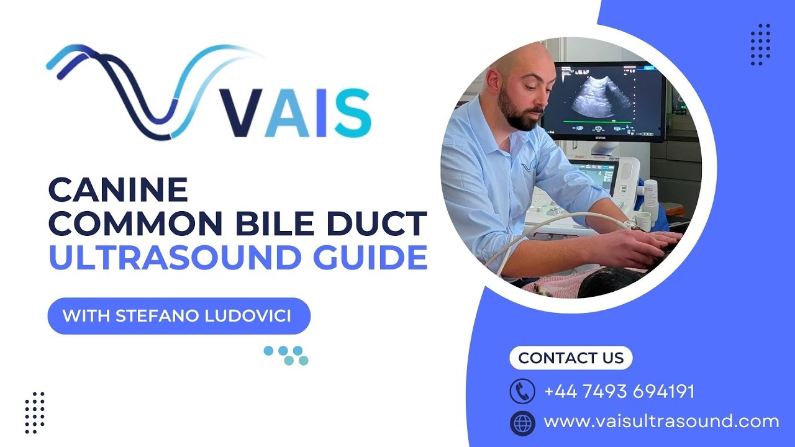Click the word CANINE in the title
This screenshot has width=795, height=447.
[118, 190]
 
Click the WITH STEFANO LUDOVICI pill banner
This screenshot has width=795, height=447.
[178, 315]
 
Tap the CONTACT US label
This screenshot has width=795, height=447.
[570, 358]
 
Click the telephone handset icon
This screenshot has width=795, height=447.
[522, 391]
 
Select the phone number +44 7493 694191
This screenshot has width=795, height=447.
[619, 392]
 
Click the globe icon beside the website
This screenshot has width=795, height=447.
[522, 423]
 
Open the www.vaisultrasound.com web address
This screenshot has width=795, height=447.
[661, 422]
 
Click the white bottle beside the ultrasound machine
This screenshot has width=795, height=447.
[650, 196]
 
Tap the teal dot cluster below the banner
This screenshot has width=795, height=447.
[287, 355]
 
